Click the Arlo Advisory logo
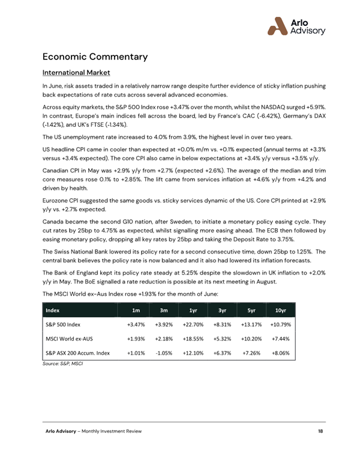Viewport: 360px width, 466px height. point(296,25)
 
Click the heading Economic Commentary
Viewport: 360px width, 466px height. point(95,57)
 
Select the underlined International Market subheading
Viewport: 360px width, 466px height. point(76,73)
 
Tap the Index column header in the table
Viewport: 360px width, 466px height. point(52,310)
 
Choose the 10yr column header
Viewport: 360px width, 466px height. point(280,310)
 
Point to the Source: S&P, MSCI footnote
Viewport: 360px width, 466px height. point(62,364)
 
